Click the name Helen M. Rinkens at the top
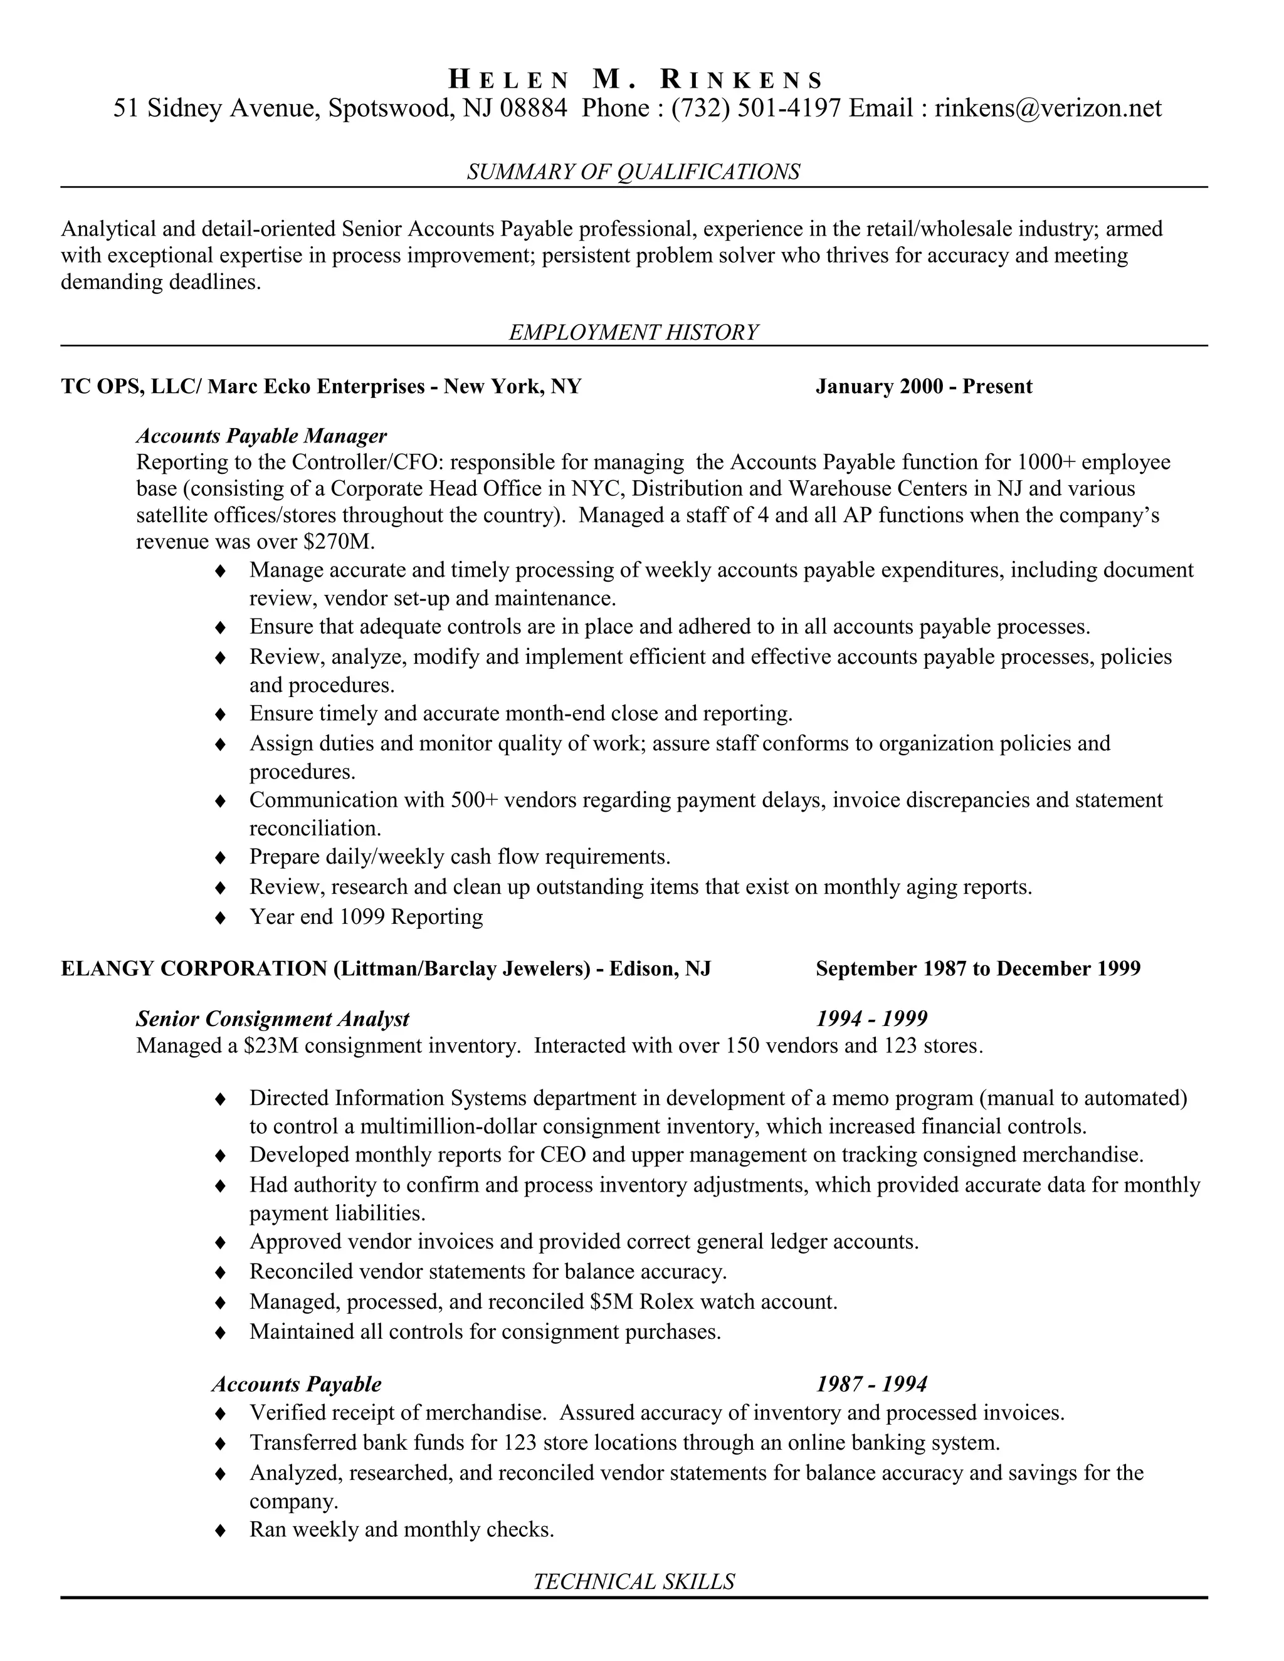635,79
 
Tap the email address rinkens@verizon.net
1048,108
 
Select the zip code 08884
534,108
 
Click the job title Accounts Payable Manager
261,436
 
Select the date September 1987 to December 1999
977,968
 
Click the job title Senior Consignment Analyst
272,1019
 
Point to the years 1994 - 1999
871,1019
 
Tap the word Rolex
666,1302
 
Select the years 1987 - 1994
871,1383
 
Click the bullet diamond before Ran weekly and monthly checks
221,1530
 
